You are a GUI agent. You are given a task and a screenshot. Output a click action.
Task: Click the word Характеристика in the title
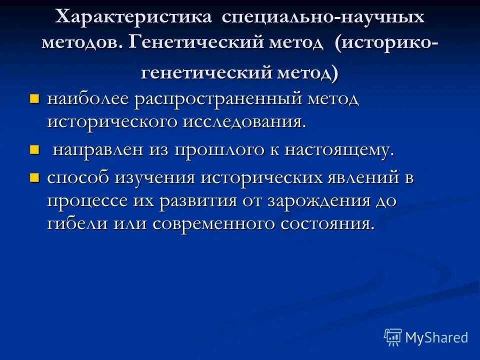[x=133, y=17]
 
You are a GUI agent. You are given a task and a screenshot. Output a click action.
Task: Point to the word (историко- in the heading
[x=387, y=42]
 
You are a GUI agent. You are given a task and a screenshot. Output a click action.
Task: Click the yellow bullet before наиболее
[x=34, y=98]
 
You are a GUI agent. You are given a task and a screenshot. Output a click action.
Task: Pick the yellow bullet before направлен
[x=34, y=150]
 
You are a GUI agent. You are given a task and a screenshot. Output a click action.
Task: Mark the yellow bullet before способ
[x=34, y=177]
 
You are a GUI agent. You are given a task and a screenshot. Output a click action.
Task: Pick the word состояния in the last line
[x=327, y=223]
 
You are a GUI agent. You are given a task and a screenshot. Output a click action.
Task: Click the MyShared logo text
[x=436, y=337]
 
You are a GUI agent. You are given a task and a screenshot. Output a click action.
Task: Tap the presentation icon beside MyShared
[x=393, y=337]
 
